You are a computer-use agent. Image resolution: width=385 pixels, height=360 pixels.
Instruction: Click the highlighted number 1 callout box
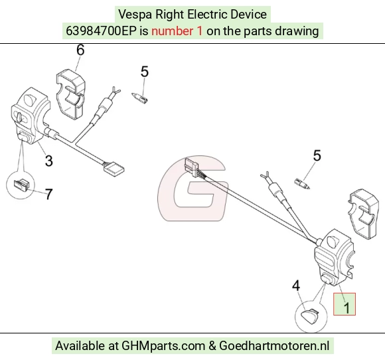344,304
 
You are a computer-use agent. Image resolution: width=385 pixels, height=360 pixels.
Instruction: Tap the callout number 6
80,50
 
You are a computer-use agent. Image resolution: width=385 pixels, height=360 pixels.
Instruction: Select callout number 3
49,161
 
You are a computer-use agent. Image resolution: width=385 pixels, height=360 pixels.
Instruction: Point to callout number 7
49,194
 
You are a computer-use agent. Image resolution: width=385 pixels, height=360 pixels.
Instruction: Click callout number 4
296,286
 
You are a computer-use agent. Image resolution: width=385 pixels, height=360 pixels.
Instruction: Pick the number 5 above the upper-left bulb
145,72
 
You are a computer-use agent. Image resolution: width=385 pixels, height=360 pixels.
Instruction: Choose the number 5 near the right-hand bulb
317,155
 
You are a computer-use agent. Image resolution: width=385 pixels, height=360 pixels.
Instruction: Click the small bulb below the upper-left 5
139,98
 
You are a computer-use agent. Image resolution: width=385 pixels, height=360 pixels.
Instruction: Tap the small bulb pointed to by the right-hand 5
302,184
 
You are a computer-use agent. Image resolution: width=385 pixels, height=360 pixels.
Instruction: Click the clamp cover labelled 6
71,94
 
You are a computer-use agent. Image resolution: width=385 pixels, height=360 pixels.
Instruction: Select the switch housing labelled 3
30,116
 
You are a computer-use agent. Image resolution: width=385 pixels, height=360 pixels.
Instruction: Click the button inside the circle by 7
22,184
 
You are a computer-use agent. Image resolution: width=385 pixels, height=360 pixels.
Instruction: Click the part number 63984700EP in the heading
101,31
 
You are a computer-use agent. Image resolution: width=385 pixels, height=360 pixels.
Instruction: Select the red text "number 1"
177,31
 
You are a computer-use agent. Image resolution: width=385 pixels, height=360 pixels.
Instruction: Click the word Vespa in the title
136,15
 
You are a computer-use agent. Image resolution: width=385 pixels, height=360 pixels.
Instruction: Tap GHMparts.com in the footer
163,346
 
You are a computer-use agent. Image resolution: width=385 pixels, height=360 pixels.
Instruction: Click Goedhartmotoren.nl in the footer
274,345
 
